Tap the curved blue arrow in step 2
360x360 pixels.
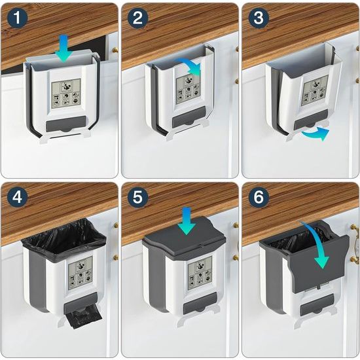coord(190,66)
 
